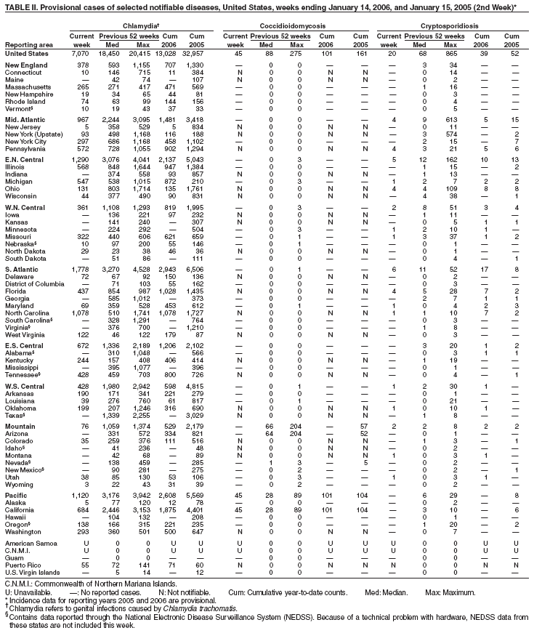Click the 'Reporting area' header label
(x=27, y=44)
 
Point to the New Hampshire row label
(x=28, y=94)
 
